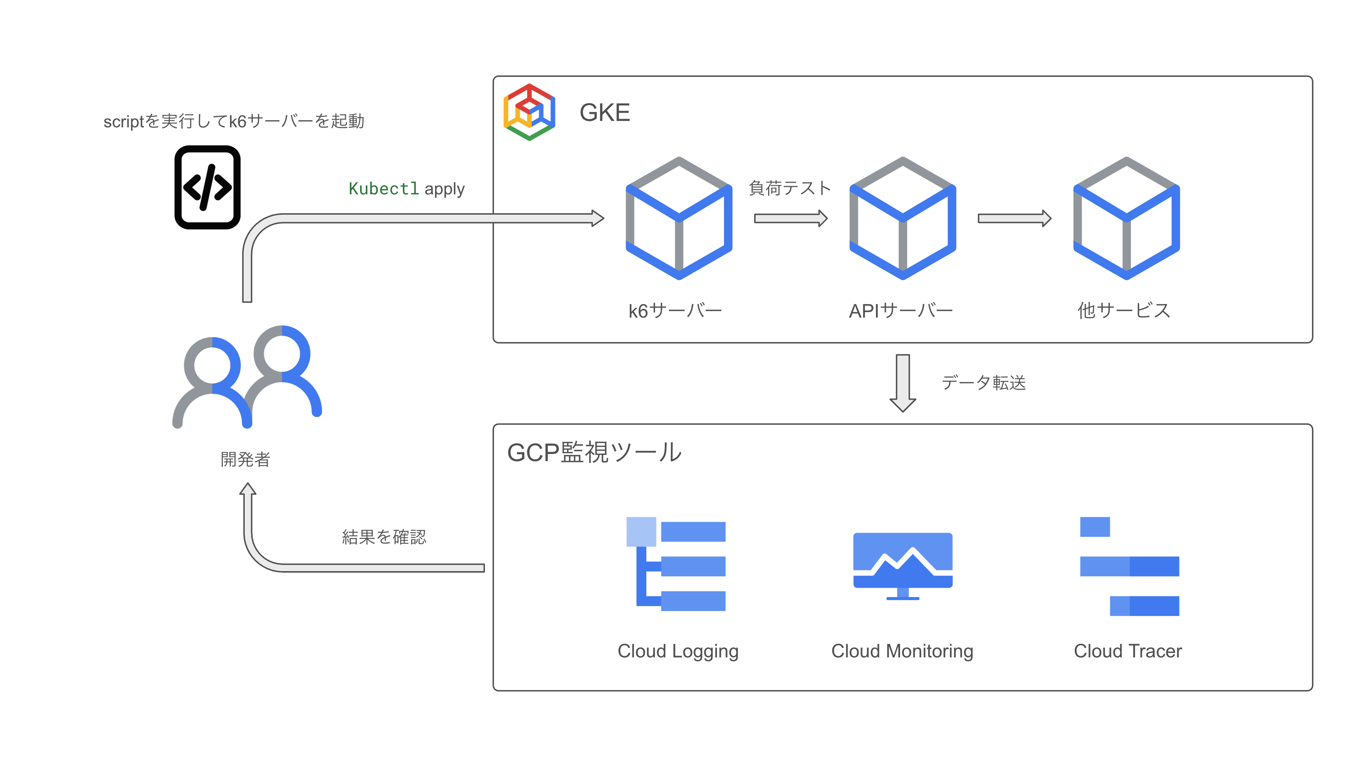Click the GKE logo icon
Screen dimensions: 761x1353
point(529,112)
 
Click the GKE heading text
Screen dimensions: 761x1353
point(604,113)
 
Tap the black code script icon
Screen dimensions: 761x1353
point(207,187)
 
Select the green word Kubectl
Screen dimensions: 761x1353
point(384,189)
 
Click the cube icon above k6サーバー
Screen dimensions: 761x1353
point(679,219)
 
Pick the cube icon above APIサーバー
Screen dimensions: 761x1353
point(902,219)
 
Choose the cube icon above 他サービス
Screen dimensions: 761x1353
point(1126,219)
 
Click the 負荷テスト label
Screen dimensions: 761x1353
point(789,188)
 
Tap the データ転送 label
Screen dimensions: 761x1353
point(983,383)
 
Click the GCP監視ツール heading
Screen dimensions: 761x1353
point(594,452)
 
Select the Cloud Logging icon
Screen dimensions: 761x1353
point(676,564)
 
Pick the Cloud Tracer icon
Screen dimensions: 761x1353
point(1129,566)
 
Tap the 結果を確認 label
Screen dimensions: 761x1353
point(384,537)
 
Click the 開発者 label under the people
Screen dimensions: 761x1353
point(245,459)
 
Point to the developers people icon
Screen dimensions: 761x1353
point(247,377)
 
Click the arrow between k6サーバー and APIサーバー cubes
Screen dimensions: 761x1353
point(790,219)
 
